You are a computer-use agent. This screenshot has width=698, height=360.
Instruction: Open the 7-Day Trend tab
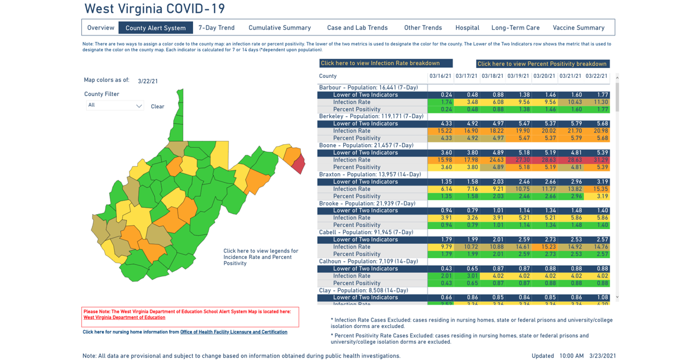point(216,27)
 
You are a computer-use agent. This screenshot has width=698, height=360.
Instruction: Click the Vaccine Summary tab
point(578,27)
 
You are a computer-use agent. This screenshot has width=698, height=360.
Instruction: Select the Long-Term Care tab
point(515,27)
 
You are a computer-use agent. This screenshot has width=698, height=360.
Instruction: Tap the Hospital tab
point(467,27)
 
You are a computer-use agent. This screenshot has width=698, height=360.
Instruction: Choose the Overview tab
point(101,27)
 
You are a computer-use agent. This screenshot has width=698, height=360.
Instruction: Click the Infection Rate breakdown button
point(386,63)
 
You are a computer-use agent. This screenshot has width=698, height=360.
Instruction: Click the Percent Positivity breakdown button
point(542,64)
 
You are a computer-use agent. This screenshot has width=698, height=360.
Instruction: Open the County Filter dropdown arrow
point(138,106)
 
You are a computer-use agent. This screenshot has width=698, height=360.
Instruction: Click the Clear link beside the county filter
point(158,106)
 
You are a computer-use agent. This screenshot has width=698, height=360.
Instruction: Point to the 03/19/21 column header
point(518,76)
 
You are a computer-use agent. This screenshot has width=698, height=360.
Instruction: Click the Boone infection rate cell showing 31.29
point(597,160)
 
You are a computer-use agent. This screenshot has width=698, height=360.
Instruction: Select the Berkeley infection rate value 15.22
point(440,131)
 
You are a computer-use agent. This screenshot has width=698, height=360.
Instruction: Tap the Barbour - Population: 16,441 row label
point(369,87)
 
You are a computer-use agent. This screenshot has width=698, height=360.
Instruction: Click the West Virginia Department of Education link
point(124,318)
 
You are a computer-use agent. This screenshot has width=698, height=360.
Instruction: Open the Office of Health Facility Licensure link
point(233,332)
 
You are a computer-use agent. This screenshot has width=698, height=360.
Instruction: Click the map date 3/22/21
point(148,81)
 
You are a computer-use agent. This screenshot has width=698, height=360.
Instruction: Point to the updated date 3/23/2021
point(602,355)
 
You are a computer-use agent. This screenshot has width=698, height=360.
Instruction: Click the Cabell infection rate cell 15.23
point(544,247)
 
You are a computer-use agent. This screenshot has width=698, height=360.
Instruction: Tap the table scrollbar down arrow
point(617,297)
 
